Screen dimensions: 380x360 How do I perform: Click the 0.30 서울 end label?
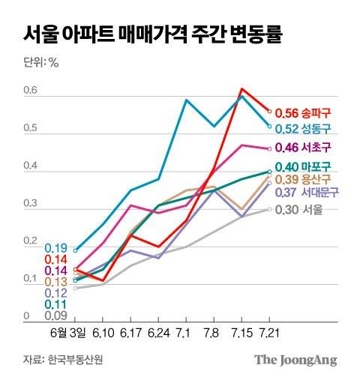click(300, 210)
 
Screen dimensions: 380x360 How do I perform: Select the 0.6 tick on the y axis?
click(29, 91)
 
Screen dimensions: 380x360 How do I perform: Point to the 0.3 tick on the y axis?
click(29, 204)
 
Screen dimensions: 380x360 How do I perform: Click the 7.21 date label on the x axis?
click(269, 331)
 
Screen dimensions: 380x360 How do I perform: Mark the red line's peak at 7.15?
click(241, 89)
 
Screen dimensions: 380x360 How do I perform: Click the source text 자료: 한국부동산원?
click(63, 360)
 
